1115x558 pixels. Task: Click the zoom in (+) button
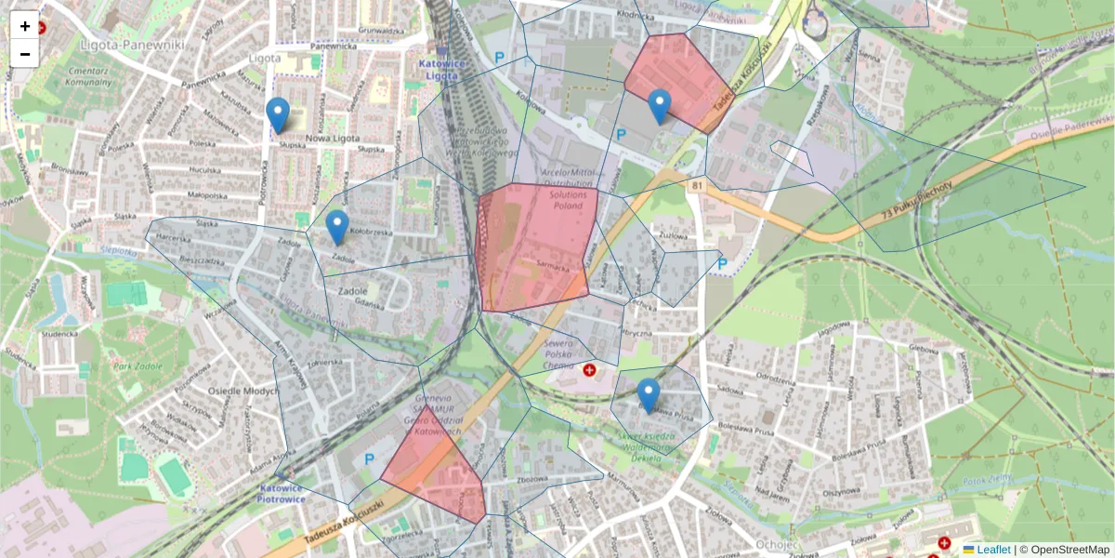tap(25, 26)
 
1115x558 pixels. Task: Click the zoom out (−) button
tap(25, 54)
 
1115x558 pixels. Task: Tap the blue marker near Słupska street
tap(277, 114)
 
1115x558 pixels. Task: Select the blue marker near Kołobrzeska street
tap(337, 227)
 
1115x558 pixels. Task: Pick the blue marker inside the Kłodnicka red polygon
tap(659, 106)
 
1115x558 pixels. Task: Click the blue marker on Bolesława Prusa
tap(649, 395)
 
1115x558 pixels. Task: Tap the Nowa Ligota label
tap(332, 139)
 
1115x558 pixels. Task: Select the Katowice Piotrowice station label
tap(282, 493)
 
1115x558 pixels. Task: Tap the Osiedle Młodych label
tap(243, 391)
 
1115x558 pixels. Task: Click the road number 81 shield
tap(697, 187)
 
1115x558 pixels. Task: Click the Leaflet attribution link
tap(992, 550)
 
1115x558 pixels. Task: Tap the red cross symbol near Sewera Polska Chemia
tap(589, 371)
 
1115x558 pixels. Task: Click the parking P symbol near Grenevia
tap(369, 458)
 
